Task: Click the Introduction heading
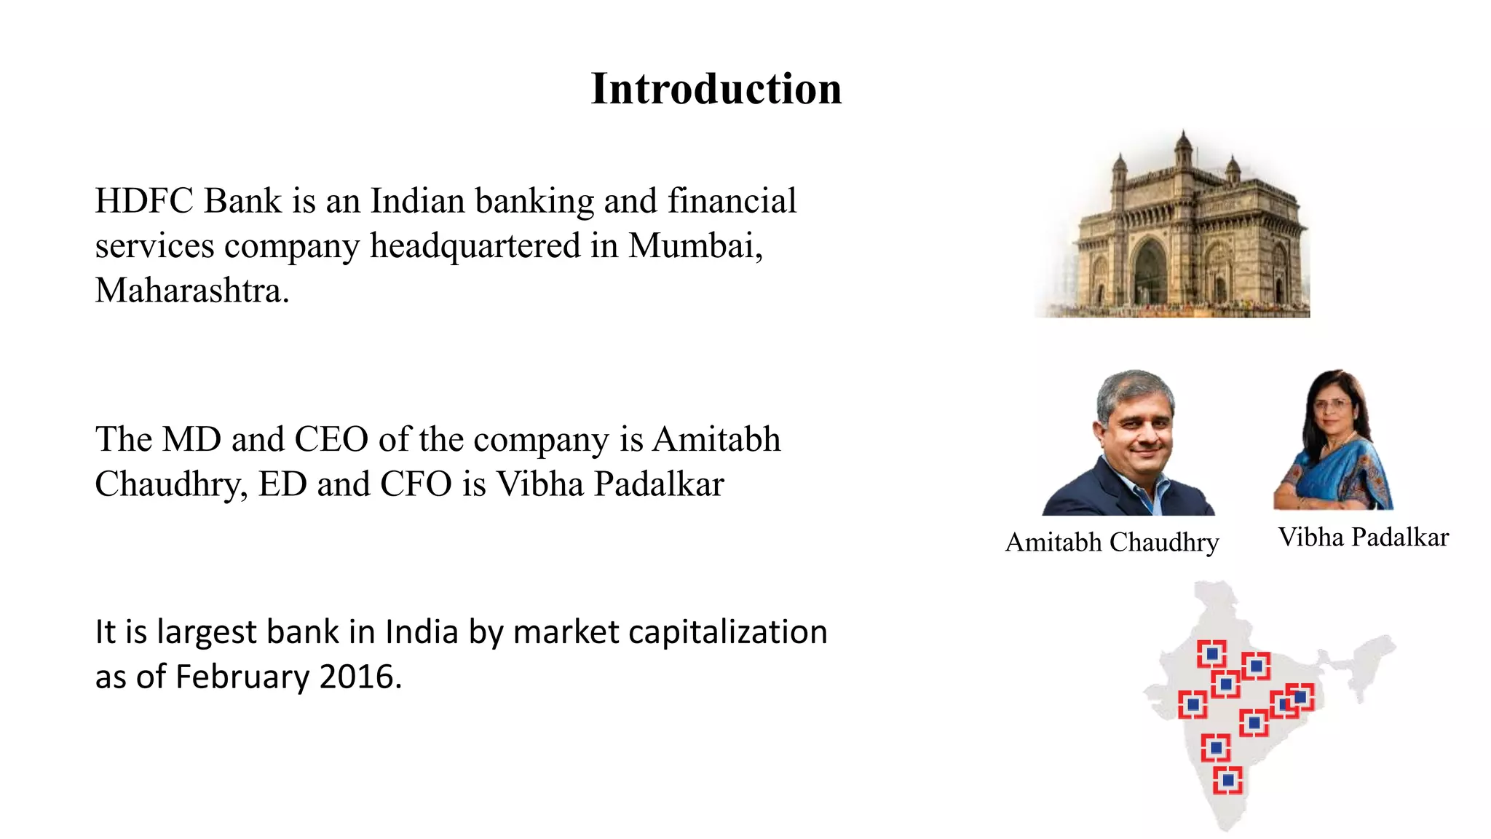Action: pyautogui.click(x=716, y=89)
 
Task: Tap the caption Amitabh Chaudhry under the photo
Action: pyautogui.click(x=1112, y=543)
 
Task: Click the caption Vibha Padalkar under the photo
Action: pyautogui.click(x=1363, y=537)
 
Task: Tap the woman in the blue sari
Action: pyautogui.click(x=1335, y=444)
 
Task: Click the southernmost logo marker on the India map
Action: pyautogui.click(x=1228, y=780)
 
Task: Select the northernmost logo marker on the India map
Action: pyautogui.click(x=1212, y=654)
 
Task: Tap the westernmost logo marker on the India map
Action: pyautogui.click(x=1193, y=704)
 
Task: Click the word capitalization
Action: pyautogui.click(x=727, y=632)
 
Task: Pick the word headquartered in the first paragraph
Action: pyautogui.click(x=475, y=246)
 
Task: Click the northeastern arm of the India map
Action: pyautogui.click(x=1369, y=655)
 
